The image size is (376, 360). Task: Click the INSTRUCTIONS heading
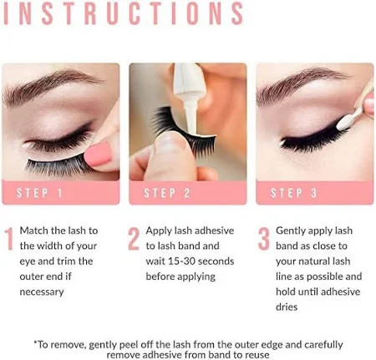click(x=124, y=13)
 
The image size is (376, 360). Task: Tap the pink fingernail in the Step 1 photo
click(x=98, y=154)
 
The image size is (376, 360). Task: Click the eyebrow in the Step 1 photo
click(x=52, y=87)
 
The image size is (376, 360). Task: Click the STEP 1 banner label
click(x=39, y=193)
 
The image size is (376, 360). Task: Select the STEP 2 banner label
click(x=167, y=193)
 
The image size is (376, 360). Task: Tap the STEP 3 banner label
click(x=294, y=193)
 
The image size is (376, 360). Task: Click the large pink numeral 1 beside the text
click(x=9, y=239)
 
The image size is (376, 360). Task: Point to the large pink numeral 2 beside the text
click(x=134, y=239)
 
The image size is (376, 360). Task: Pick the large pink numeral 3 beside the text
click(x=263, y=239)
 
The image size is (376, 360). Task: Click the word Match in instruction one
click(x=34, y=231)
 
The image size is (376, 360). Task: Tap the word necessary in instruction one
click(x=42, y=292)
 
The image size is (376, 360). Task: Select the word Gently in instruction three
click(x=291, y=231)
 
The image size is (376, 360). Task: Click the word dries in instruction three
click(x=287, y=307)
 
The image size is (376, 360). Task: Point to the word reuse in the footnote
click(x=257, y=355)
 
